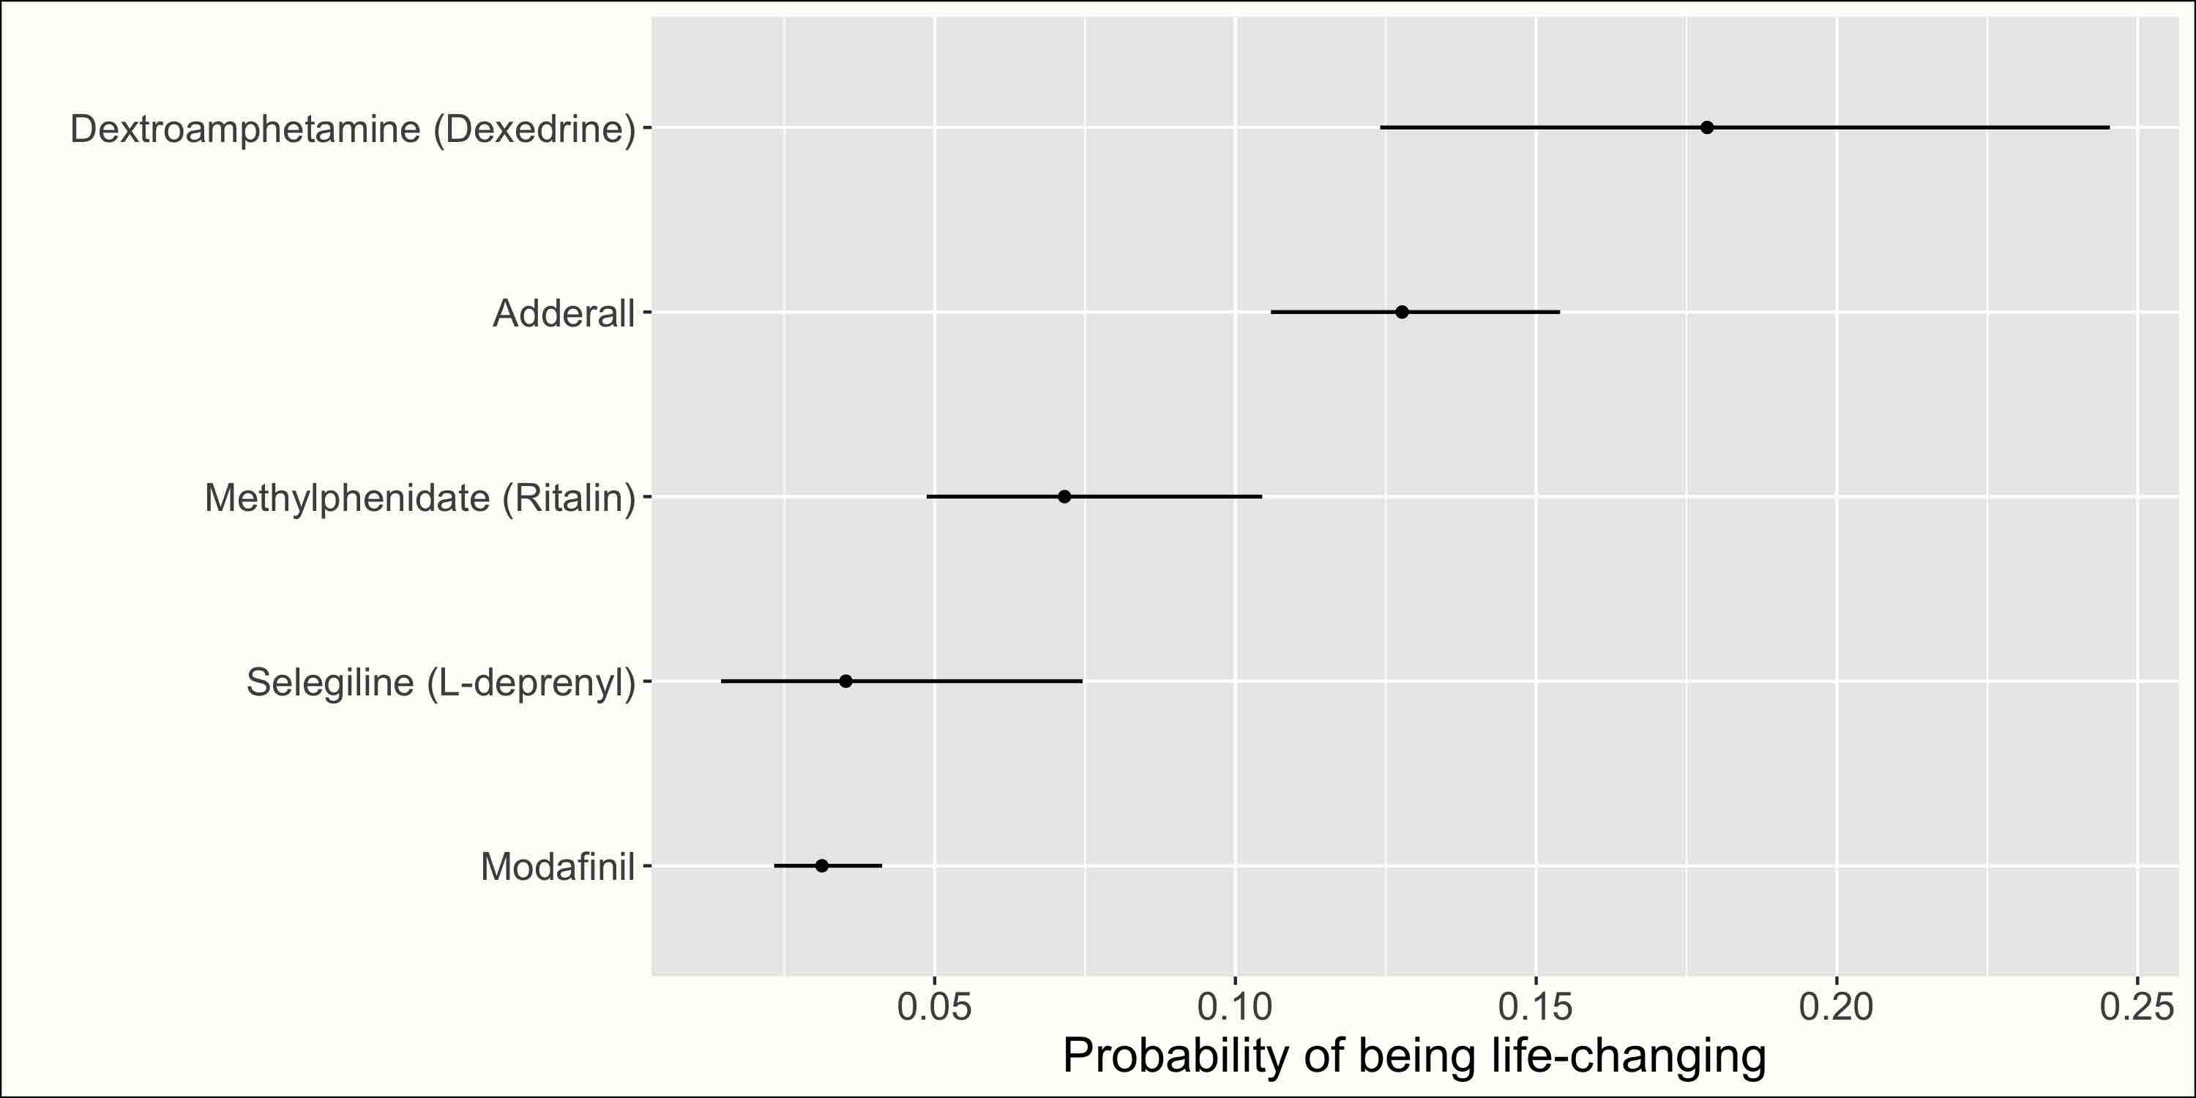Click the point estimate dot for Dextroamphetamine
(x=1707, y=128)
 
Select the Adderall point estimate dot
(x=1403, y=312)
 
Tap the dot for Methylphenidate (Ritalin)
(x=1064, y=496)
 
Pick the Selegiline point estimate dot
(x=845, y=681)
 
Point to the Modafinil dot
(x=822, y=865)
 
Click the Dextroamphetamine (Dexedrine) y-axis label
(x=353, y=130)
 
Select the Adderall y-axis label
(x=564, y=314)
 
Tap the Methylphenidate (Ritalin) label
(x=420, y=498)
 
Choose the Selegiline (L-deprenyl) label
(x=441, y=683)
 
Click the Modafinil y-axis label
(x=559, y=867)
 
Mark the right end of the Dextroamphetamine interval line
(x=2109, y=128)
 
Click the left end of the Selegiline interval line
(x=721, y=681)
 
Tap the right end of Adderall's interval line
(x=1560, y=312)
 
